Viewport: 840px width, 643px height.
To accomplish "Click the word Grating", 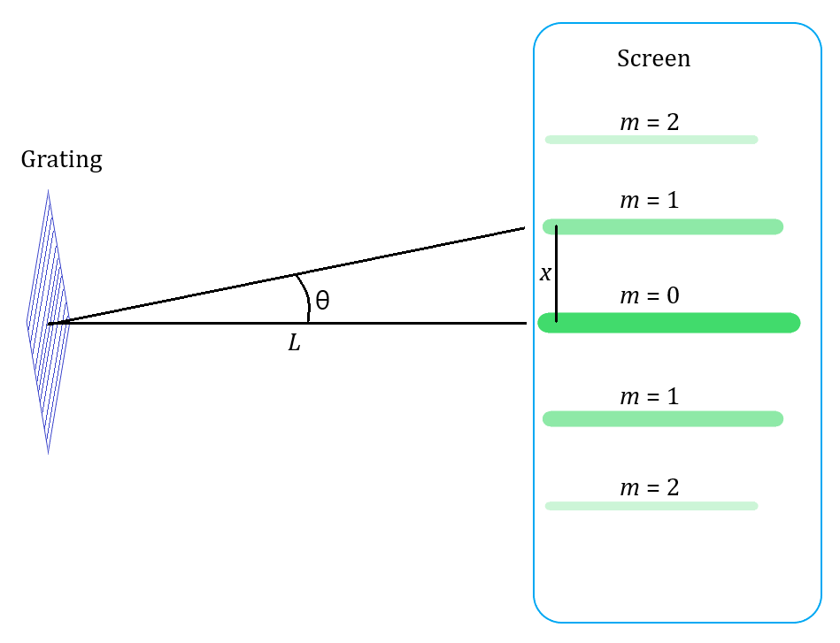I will tap(61, 160).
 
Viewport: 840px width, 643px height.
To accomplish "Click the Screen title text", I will tap(653, 59).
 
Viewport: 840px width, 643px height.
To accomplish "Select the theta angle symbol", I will tap(322, 301).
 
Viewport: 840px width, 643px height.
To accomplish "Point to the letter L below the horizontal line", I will tap(295, 343).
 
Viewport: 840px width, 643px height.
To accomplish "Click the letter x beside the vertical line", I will tap(545, 274).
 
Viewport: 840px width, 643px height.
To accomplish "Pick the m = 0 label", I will tap(650, 296).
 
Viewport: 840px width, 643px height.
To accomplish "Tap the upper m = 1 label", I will tap(650, 201).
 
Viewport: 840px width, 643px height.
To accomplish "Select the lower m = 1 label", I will tap(650, 397).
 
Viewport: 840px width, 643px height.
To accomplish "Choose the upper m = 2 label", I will tap(650, 122).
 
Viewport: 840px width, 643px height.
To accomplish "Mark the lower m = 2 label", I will tap(650, 487).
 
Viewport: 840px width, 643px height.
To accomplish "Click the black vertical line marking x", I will tap(556, 274).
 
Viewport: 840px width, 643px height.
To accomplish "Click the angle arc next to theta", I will tap(304, 297).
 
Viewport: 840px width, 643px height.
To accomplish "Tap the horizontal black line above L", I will tap(398, 323).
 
